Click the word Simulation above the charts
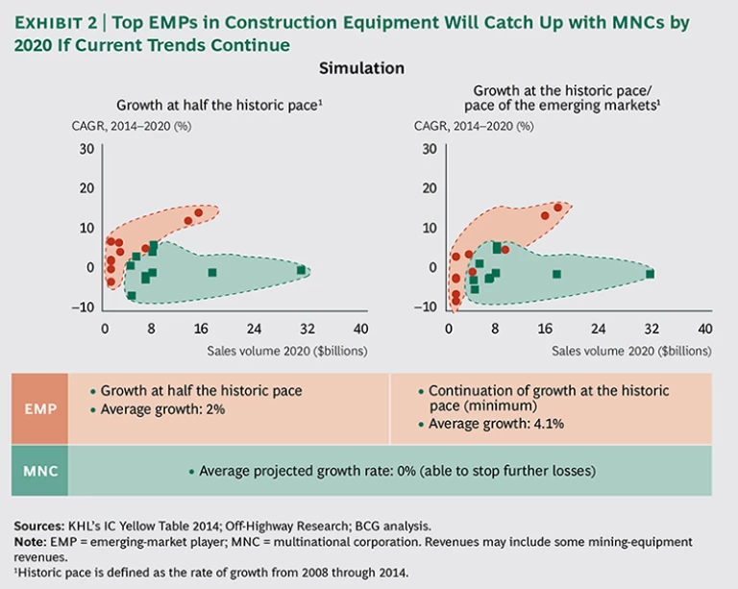(x=361, y=69)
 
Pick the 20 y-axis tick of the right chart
(x=430, y=188)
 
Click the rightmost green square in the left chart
(x=301, y=270)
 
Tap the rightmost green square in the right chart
(x=651, y=274)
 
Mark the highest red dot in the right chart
(x=557, y=208)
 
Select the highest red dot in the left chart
(x=199, y=212)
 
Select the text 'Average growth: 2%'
(x=160, y=407)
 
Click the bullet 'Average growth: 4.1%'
(x=496, y=423)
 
